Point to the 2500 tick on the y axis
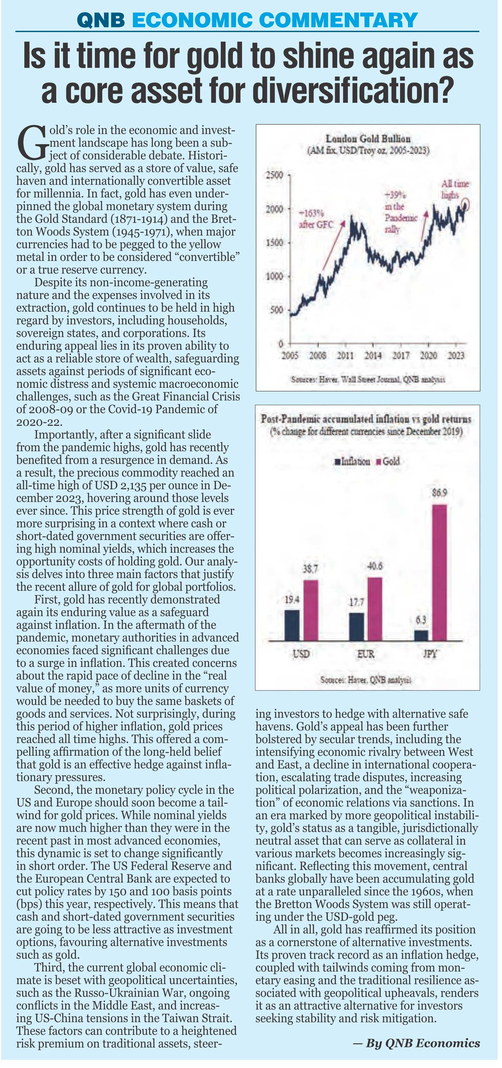274,175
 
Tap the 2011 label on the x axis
345,355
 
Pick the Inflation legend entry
352,461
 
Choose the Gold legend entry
388,461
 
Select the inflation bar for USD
292,625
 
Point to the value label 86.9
439,493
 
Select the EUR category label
365,654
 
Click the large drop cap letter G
30,143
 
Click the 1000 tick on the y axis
274,276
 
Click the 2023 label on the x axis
456,355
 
